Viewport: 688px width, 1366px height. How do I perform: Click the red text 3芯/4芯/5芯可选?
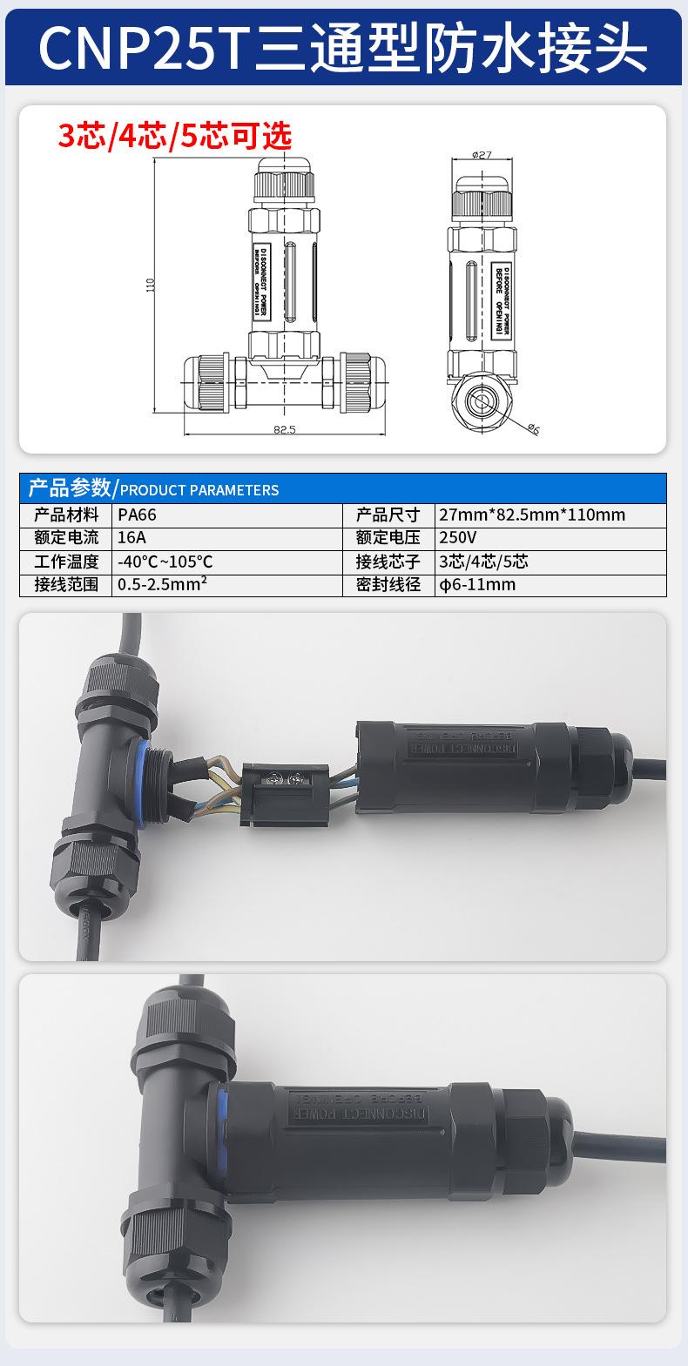(174, 136)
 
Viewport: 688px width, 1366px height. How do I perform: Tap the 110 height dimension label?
(149, 285)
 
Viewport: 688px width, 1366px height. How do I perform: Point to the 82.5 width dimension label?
(285, 429)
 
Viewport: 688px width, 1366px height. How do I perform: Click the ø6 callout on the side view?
(533, 428)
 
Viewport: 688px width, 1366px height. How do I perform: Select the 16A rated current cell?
(131, 537)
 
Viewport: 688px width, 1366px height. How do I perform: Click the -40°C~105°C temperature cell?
(165, 562)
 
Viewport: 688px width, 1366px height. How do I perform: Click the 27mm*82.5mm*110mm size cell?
(532, 515)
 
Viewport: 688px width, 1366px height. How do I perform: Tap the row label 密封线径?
(388, 584)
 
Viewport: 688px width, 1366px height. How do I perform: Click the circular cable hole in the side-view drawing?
(480, 402)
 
